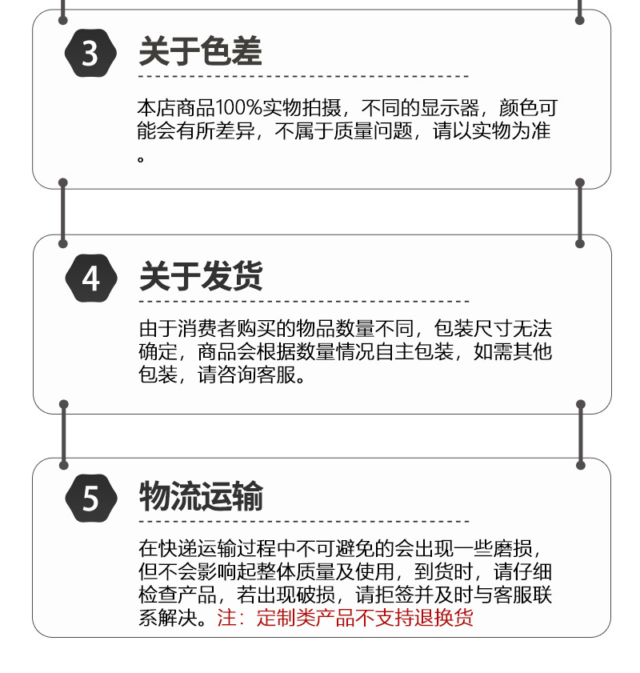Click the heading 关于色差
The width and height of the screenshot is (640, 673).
(200, 53)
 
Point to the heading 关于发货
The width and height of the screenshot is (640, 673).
(200, 277)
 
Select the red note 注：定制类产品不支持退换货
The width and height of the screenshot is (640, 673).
(345, 619)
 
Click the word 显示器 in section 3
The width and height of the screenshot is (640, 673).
(449, 108)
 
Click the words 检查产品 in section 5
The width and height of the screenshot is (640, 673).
(177, 595)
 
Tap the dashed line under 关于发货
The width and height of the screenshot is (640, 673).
(303, 301)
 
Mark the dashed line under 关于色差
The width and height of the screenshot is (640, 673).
(303, 77)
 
